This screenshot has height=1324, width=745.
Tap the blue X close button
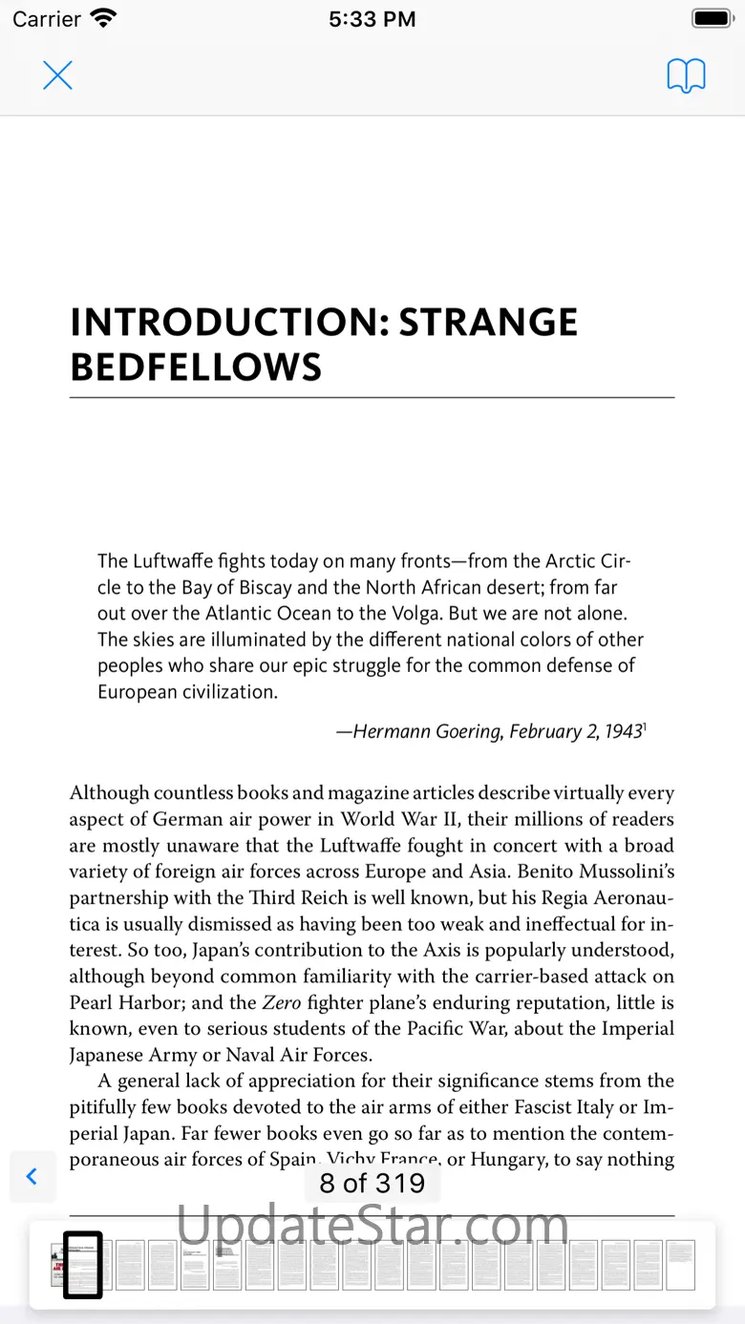[58, 75]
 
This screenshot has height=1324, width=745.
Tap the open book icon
[686, 75]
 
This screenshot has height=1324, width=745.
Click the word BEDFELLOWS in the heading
[196, 368]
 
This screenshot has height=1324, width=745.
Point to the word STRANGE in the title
[488, 323]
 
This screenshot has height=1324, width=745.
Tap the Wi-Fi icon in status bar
[102, 18]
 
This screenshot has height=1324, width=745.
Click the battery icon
[712, 18]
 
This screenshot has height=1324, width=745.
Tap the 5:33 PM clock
[372, 19]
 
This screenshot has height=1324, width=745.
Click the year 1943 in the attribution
[622, 732]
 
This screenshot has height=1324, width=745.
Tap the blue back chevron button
[32, 1176]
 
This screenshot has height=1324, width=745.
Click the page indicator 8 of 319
[372, 1184]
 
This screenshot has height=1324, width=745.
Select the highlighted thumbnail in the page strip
[83, 1265]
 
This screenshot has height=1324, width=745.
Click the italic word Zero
[282, 1002]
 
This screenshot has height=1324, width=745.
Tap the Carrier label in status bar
[47, 18]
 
